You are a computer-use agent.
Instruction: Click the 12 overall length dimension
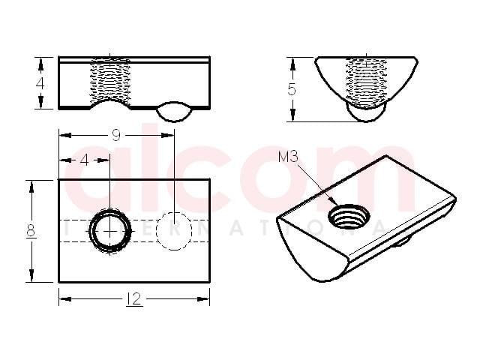[133, 298]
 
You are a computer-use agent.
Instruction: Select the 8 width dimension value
[31, 230]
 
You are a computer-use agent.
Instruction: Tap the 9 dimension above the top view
[115, 135]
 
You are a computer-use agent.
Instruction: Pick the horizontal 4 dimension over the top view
[85, 160]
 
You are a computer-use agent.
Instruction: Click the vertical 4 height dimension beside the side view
[40, 83]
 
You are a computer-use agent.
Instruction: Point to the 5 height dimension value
[292, 90]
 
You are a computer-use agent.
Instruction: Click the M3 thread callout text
[288, 157]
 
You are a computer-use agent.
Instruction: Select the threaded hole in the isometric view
[349, 217]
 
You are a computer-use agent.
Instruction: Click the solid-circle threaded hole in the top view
[110, 231]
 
